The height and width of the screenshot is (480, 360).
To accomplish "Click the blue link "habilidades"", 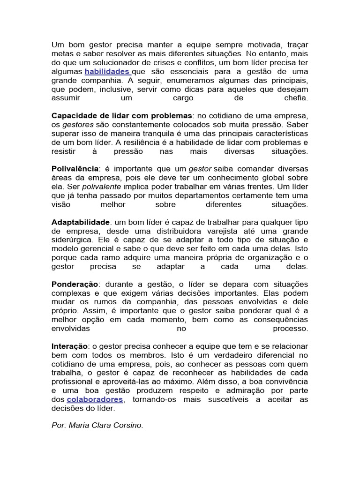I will pyautogui.click(x=107, y=72).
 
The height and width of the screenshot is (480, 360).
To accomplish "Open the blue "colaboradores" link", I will pyautogui.click(x=95, y=399).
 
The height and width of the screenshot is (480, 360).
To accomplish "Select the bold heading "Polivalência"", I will pyautogui.click(x=75, y=169).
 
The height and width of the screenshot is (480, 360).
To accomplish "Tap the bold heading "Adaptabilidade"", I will pyautogui.click(x=80, y=222).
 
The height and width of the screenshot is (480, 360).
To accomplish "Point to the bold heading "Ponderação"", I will pyautogui.click(x=75, y=284).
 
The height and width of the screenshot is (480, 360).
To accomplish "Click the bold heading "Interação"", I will pyautogui.click(x=69, y=346).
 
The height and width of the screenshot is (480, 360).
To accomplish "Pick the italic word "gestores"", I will pyautogui.click(x=78, y=124).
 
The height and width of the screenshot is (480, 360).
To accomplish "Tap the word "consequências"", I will pyautogui.click(x=274, y=320).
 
